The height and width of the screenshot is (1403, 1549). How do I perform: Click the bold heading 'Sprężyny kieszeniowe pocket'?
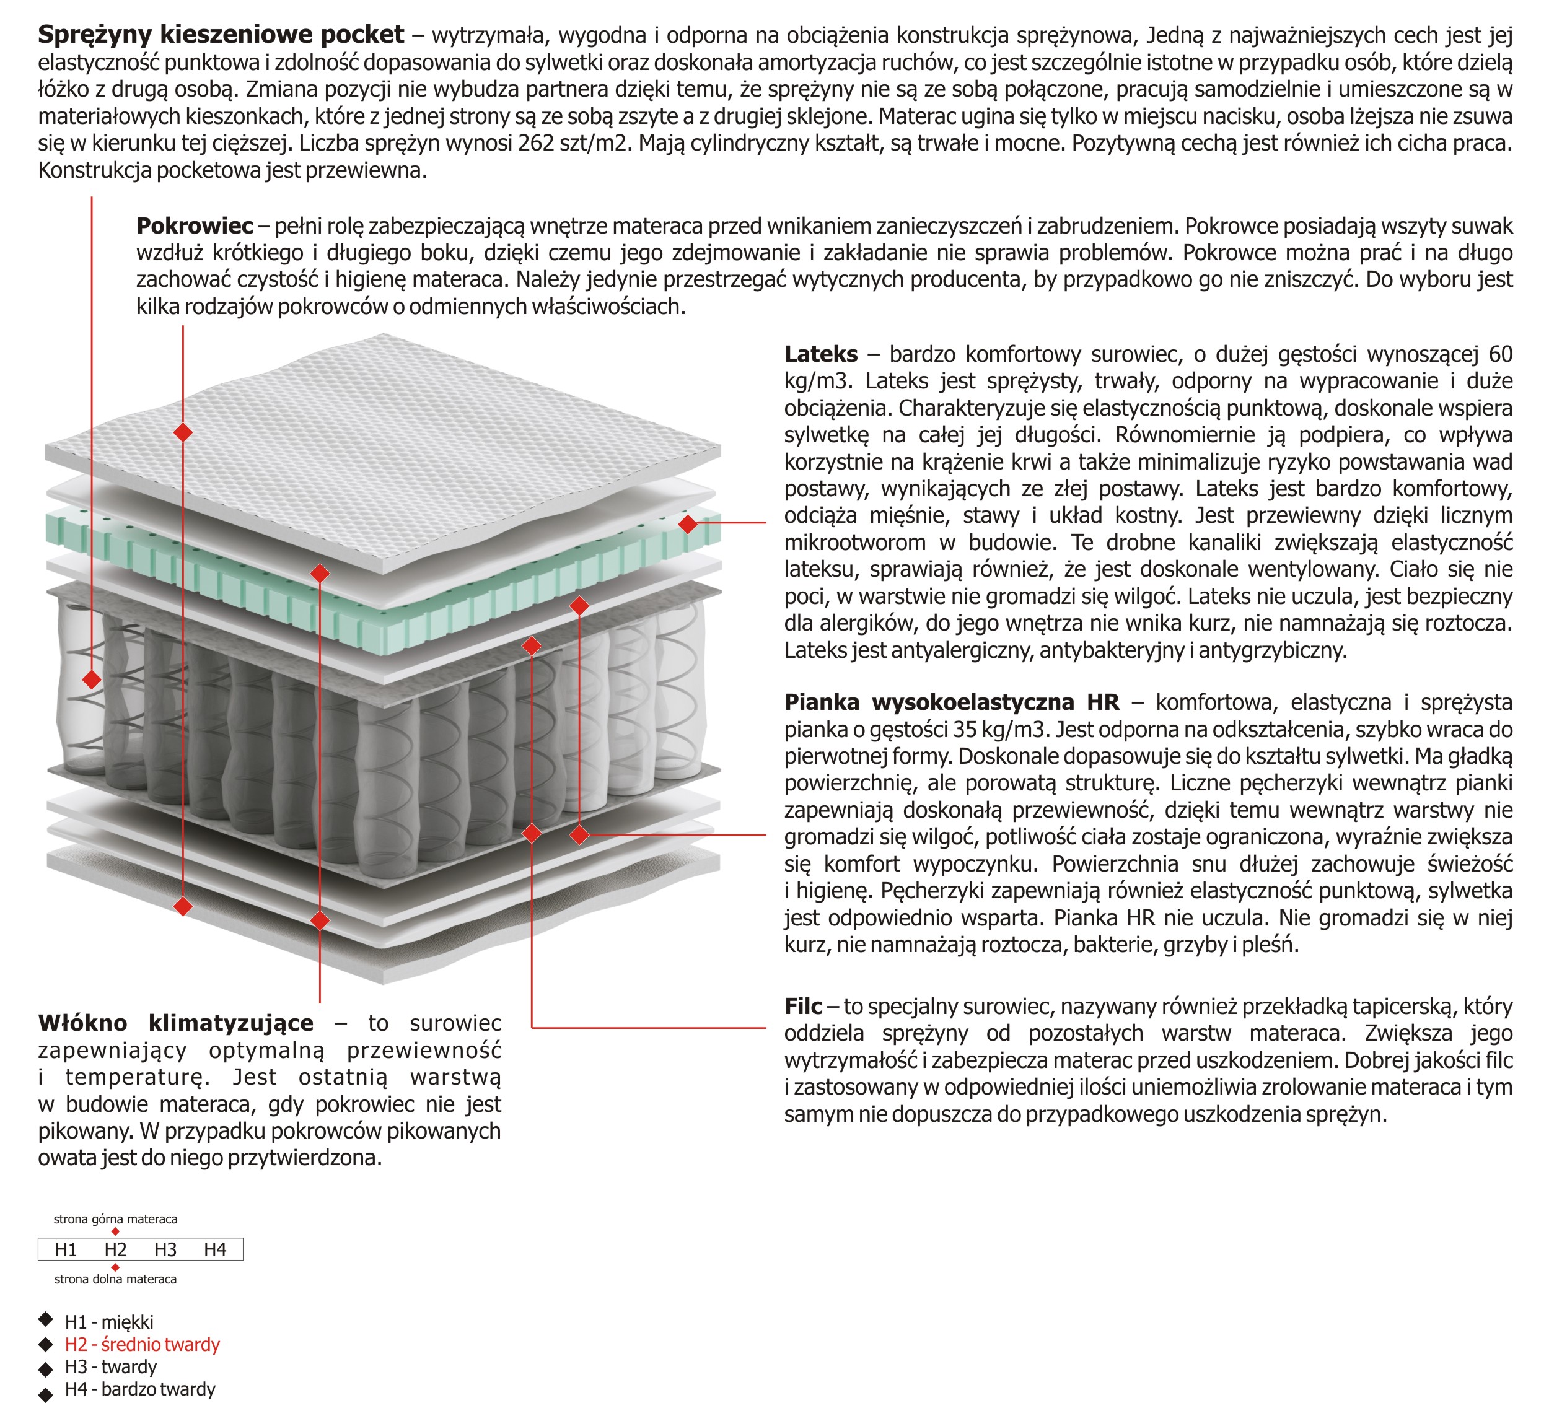point(221,35)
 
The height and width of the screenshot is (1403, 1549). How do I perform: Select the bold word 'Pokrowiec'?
point(195,226)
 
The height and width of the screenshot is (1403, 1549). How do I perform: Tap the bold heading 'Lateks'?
point(820,354)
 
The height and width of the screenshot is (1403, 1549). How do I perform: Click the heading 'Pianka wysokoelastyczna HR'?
point(951,702)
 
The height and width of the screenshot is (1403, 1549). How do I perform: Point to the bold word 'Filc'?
point(803,1007)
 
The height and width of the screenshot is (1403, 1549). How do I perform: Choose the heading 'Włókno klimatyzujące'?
point(176,1023)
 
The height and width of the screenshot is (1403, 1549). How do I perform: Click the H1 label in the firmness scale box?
point(66,1250)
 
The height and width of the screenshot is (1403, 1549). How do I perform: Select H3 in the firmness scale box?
point(165,1250)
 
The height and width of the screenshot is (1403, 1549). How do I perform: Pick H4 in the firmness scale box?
point(215,1250)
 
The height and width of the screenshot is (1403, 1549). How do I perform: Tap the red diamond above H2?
point(115,1231)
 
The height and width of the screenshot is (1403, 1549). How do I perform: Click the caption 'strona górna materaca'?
point(115,1220)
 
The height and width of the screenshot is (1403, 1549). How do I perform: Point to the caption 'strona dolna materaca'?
point(115,1279)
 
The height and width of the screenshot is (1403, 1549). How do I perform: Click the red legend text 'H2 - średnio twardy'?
point(142,1345)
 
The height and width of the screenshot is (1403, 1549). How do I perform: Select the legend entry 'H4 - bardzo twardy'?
point(140,1389)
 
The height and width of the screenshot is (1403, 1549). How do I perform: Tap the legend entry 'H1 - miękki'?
point(109,1322)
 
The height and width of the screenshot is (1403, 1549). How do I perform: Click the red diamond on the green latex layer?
point(688,524)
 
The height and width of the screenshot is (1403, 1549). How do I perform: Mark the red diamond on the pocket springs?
point(92,680)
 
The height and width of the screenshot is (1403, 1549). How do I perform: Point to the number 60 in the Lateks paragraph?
point(1500,354)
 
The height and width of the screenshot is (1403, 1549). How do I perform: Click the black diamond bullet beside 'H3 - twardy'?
point(46,1369)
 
